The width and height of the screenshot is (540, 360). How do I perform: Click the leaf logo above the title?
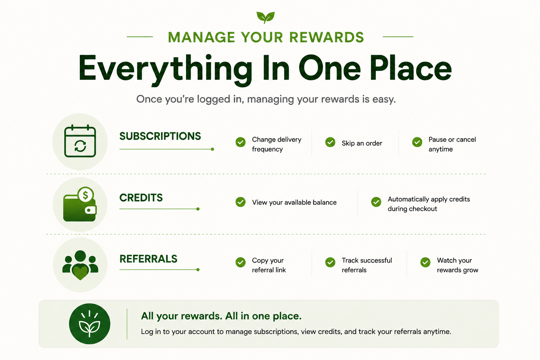click(265, 17)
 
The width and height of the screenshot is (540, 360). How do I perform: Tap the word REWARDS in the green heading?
click(326, 37)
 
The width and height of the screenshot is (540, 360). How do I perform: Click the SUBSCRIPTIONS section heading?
click(160, 136)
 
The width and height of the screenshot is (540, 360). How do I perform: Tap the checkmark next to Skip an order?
click(330, 142)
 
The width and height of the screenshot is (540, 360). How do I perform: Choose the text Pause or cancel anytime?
click(452, 144)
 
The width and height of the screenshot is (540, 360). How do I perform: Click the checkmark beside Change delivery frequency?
click(240, 142)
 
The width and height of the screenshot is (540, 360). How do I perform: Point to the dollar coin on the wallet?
click(85, 194)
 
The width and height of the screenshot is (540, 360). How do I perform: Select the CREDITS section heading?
click(141, 198)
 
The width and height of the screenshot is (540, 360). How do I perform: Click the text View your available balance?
click(294, 202)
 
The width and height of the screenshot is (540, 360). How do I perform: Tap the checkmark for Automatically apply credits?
click(376, 202)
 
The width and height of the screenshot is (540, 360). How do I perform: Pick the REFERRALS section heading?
click(148, 259)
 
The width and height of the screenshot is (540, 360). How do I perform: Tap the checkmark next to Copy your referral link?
click(240, 262)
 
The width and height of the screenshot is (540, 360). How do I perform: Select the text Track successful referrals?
click(367, 265)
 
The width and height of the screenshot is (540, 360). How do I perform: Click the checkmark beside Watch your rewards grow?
click(425, 262)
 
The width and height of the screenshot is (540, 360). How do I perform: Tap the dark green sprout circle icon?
click(90, 324)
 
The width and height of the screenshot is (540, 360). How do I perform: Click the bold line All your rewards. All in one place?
click(221, 316)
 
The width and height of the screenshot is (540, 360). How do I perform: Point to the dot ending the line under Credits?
click(198, 209)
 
